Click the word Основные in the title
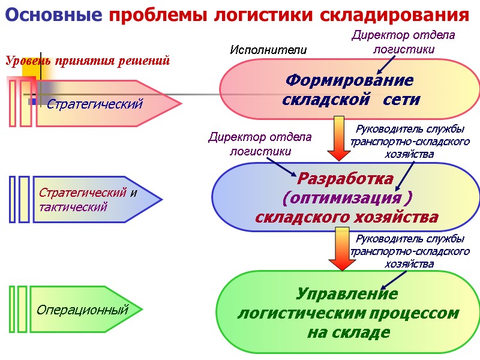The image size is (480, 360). pyautogui.click(x=53, y=15)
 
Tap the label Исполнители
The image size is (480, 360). pyautogui.click(x=268, y=50)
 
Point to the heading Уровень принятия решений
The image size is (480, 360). pyautogui.click(x=88, y=61)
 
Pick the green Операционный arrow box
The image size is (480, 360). pyautogui.click(x=84, y=310)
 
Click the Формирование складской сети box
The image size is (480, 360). pyautogui.click(x=350, y=89)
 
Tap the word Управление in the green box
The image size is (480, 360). pyautogui.click(x=347, y=294)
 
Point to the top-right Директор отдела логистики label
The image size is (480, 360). pyautogui.click(x=403, y=42)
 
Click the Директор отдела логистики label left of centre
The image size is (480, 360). pyautogui.click(x=260, y=144)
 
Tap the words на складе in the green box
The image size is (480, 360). pyautogui.click(x=349, y=332)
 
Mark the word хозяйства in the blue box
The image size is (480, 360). pyautogui.click(x=390, y=217)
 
